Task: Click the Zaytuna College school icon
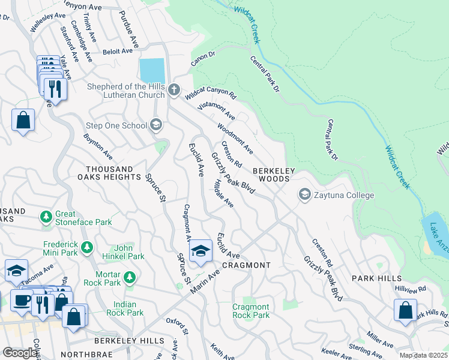[x=305, y=195]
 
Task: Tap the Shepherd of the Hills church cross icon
[x=173, y=90]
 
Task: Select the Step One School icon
[x=155, y=125]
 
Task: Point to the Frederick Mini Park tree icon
[x=88, y=247]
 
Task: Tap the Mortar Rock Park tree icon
[x=129, y=278]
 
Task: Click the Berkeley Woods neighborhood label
[x=274, y=175]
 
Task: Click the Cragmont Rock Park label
[x=251, y=311]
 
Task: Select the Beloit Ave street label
[x=117, y=52]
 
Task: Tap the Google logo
[x=20, y=353]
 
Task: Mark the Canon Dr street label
[x=203, y=58]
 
